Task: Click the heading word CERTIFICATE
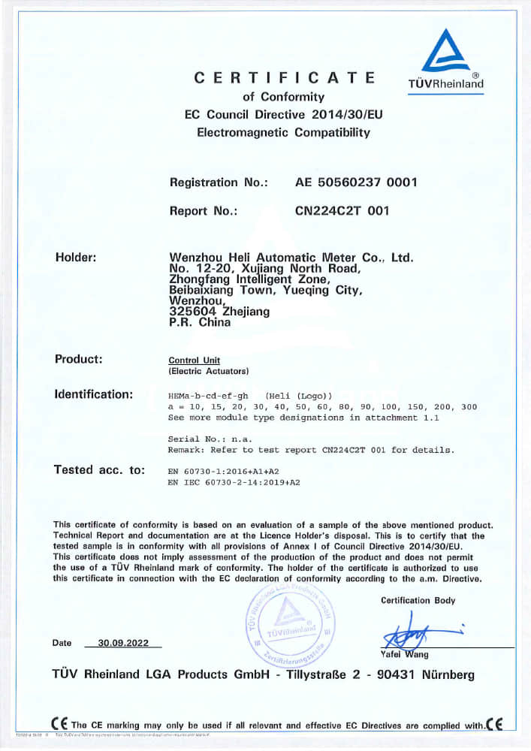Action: pos(284,77)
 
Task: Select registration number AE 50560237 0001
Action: pos(356,182)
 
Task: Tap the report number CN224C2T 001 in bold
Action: pos(342,211)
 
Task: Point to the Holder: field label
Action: pos(76,258)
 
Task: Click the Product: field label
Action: pos(78,358)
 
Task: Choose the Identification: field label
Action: pos(94,394)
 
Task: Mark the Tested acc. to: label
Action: pos(98,469)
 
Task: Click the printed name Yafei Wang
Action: pos(405,654)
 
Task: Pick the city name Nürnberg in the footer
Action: pos(445,675)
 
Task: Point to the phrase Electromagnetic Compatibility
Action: pos(283,133)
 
